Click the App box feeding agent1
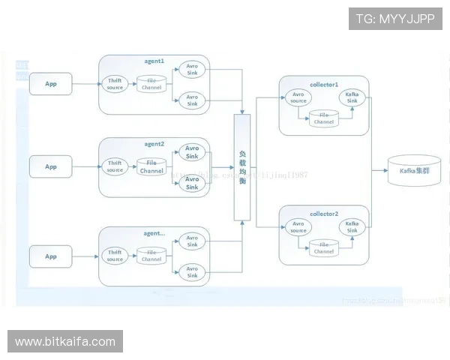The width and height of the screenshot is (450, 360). [51, 84]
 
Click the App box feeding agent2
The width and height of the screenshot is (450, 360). [51, 166]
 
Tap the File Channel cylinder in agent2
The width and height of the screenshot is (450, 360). [151, 166]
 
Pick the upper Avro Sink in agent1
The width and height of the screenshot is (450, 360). [192, 70]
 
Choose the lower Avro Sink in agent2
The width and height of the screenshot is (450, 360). [192, 183]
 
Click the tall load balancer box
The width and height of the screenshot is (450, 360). [242, 167]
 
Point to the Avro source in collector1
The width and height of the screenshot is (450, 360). [298, 97]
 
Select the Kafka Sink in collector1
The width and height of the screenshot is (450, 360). [351, 97]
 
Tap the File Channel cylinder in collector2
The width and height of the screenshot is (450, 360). [324, 247]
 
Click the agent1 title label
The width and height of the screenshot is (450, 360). [154, 59]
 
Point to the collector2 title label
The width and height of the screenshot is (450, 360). [324, 213]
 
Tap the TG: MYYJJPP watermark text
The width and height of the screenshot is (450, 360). [395, 19]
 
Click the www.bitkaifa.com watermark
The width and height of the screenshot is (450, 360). [65, 342]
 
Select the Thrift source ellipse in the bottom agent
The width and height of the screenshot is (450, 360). [115, 256]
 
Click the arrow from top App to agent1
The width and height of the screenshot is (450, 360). [85, 84]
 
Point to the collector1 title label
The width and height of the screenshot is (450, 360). [324, 84]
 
